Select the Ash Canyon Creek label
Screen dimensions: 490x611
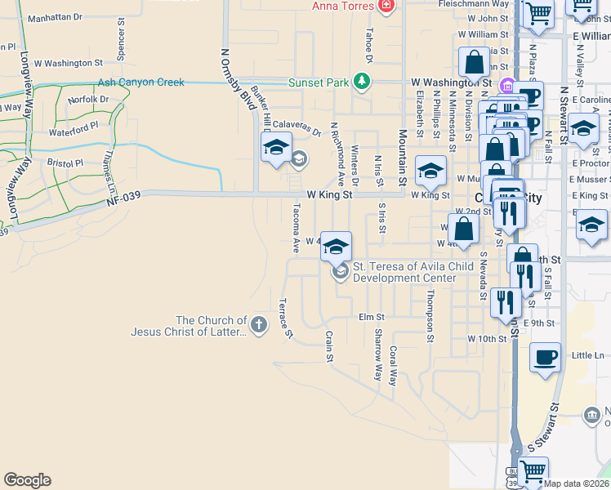pos(140,82)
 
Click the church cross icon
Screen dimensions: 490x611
pos(259,325)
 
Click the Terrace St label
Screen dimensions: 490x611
pos(285,318)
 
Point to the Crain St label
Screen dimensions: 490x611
pos(330,346)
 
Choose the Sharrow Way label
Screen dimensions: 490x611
pos(377,355)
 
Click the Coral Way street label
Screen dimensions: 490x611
pos(394,366)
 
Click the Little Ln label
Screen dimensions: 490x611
pos(587,355)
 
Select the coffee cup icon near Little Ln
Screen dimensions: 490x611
pos(546,357)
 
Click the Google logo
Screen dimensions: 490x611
pos(27,480)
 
